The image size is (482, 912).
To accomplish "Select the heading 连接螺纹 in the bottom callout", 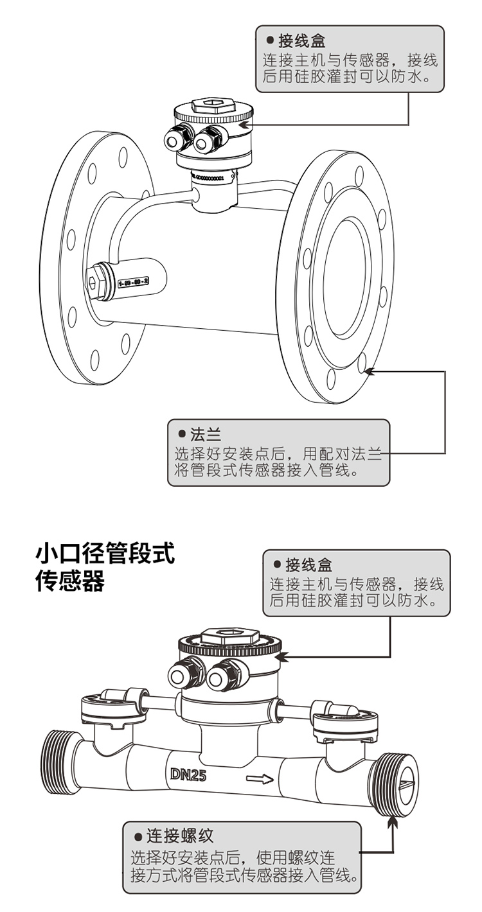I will (x=179, y=836).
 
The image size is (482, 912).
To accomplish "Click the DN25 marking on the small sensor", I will (x=188, y=775).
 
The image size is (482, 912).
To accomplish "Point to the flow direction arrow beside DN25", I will (x=260, y=780).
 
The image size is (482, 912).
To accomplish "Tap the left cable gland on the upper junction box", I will (x=177, y=136).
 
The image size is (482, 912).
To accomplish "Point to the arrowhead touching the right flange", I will (x=369, y=371).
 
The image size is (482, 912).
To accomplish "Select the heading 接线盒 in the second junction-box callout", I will (x=309, y=565).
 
